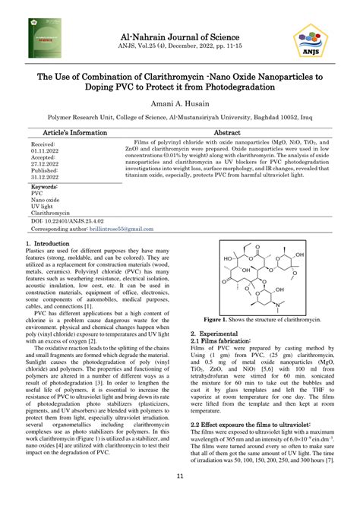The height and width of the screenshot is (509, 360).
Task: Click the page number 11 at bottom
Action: (x=180, y=476)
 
